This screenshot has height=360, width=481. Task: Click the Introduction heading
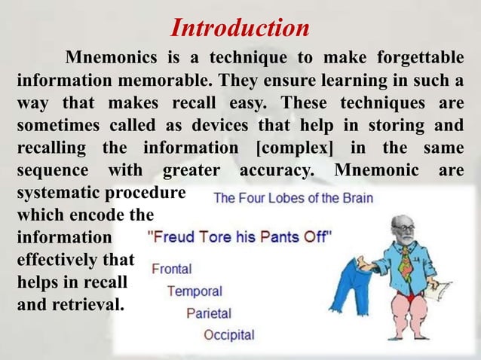(240, 29)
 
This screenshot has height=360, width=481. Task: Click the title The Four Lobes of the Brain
(293, 199)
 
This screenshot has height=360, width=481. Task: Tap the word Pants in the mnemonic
(279, 236)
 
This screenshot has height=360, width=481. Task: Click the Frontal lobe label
(172, 267)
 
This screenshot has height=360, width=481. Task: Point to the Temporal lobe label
(195, 290)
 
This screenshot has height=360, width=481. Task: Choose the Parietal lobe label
(209, 312)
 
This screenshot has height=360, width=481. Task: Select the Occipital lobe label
(229, 334)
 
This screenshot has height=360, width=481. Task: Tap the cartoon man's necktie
(406, 264)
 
